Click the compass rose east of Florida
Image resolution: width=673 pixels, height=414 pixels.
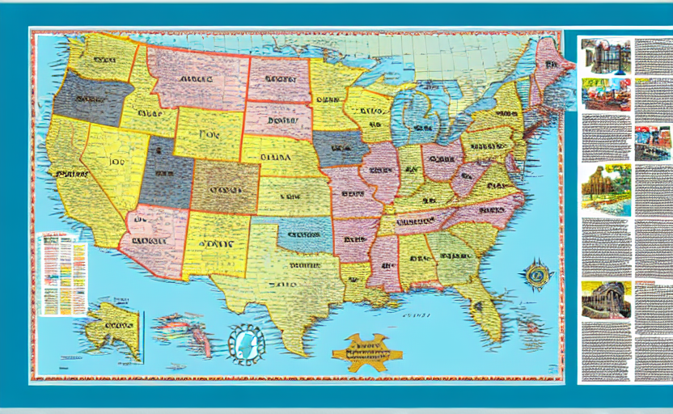(x=536, y=276)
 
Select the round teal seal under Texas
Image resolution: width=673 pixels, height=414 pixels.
(x=246, y=341)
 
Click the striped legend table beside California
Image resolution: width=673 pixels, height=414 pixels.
(x=61, y=273)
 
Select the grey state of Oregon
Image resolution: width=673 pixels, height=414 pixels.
(x=91, y=98)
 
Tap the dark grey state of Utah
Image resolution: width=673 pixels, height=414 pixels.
(x=166, y=171)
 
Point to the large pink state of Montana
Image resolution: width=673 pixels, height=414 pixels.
(x=196, y=78)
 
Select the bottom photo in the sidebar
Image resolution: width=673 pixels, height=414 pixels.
(x=605, y=299)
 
